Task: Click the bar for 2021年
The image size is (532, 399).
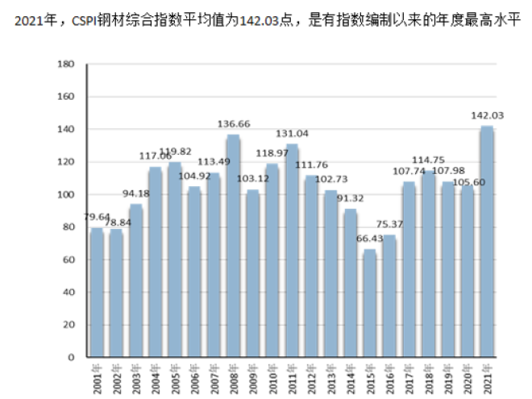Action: [x=486, y=242]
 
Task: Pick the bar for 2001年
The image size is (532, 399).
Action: [x=97, y=292]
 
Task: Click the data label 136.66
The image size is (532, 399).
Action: [x=233, y=124]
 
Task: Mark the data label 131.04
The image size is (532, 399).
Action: [x=292, y=133]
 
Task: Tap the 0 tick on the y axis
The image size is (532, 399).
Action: [x=71, y=357]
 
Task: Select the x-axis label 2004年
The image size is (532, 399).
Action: [x=156, y=376]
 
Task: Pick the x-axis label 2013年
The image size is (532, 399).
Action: [x=330, y=376]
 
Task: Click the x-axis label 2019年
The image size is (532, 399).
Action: [x=447, y=376]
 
